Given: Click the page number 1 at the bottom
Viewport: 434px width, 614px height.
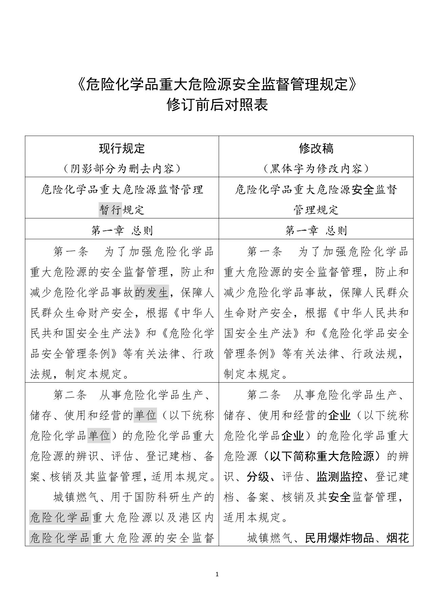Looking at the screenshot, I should (217, 574).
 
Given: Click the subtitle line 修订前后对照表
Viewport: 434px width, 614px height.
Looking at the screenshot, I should (217, 105).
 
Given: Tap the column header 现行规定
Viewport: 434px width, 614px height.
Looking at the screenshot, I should (122, 148).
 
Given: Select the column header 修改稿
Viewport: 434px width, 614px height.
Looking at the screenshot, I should (316, 148).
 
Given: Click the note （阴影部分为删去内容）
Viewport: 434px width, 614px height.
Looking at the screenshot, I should (122, 168).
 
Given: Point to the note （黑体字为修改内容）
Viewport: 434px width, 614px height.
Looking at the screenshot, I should (316, 168).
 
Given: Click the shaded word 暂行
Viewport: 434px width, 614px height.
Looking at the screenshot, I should (110, 210).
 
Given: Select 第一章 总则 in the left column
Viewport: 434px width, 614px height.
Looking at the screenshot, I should (122, 231).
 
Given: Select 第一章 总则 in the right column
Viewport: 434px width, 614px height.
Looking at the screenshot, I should (316, 231).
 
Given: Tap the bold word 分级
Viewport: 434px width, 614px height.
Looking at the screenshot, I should (258, 477).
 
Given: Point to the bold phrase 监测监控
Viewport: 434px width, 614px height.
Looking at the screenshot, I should (339, 477).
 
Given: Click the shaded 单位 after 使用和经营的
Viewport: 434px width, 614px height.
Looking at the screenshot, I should (145, 415).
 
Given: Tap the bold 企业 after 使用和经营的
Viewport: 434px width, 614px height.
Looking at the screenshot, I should (339, 415).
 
